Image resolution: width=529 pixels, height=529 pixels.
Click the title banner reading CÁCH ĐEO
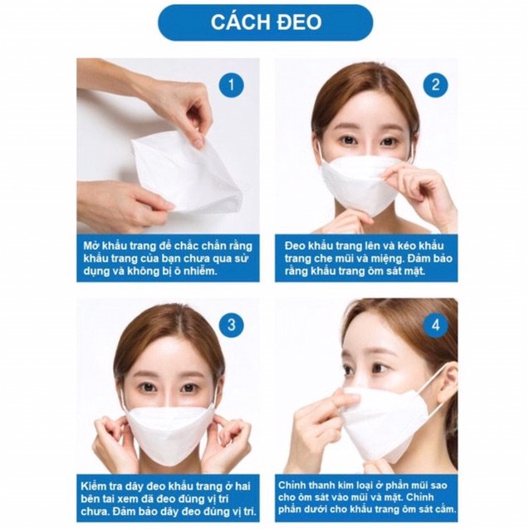tap(265, 22)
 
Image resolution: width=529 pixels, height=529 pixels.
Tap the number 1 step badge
tap(231, 84)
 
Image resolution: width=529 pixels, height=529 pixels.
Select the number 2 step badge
tap(435, 84)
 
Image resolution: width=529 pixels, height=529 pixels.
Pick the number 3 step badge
tap(232, 325)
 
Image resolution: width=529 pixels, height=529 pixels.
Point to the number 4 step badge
tap(435, 325)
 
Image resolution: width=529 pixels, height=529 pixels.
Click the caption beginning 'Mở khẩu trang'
tap(167, 257)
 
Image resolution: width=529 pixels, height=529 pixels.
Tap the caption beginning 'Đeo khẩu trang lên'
tap(365, 257)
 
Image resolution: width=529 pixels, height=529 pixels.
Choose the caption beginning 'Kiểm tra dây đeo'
tap(167, 497)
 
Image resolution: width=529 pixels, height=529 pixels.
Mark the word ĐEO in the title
tap(294, 22)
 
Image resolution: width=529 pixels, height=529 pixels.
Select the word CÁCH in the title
tap(236, 22)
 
